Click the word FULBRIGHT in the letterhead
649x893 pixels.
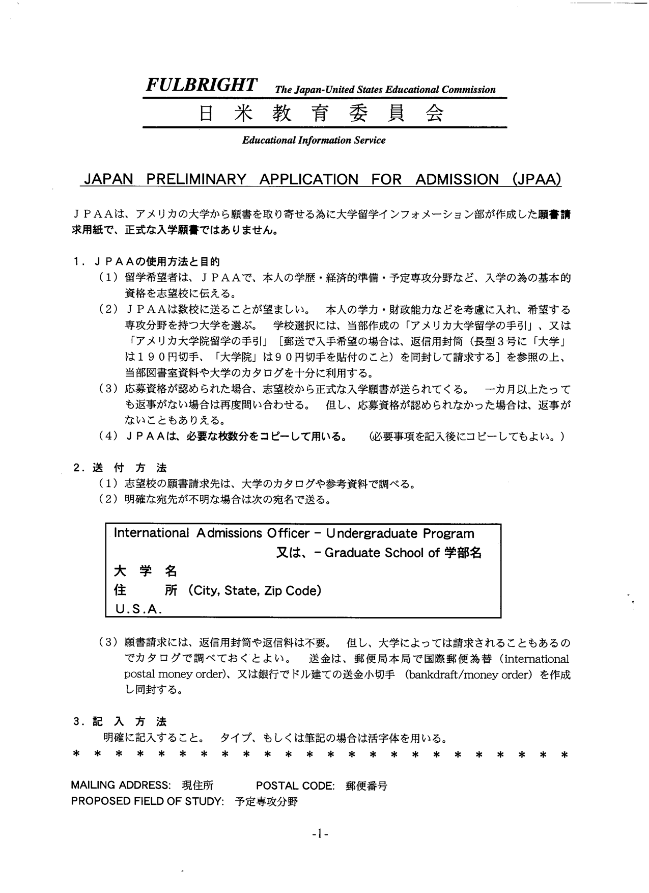point(201,85)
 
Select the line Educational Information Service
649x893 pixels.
point(314,140)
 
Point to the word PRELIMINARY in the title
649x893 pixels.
point(196,179)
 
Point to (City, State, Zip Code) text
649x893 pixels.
point(255,590)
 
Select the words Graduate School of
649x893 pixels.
point(382,553)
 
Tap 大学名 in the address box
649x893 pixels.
point(146,572)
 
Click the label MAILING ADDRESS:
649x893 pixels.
point(121,785)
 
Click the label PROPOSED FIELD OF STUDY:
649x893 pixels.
point(148,801)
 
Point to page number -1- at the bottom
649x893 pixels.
point(321,834)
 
